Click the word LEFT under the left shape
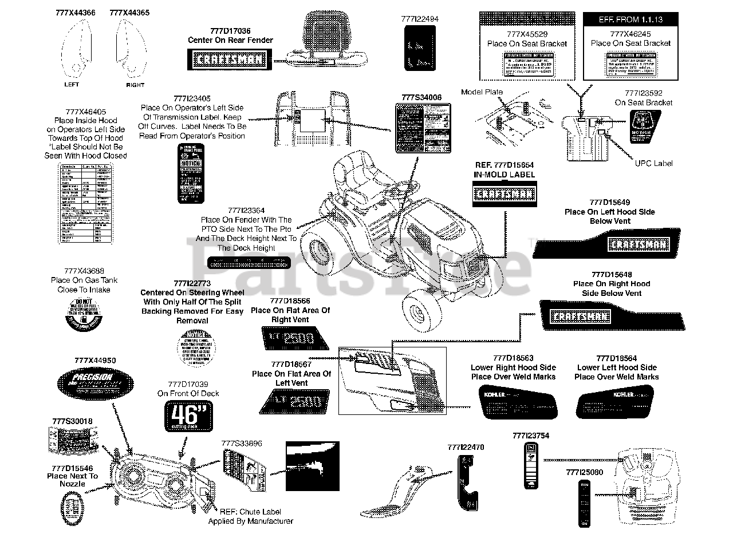[72, 84]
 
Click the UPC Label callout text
[655, 163]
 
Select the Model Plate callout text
[482, 92]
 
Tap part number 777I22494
[420, 19]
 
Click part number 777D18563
[513, 358]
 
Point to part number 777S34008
[421, 97]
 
